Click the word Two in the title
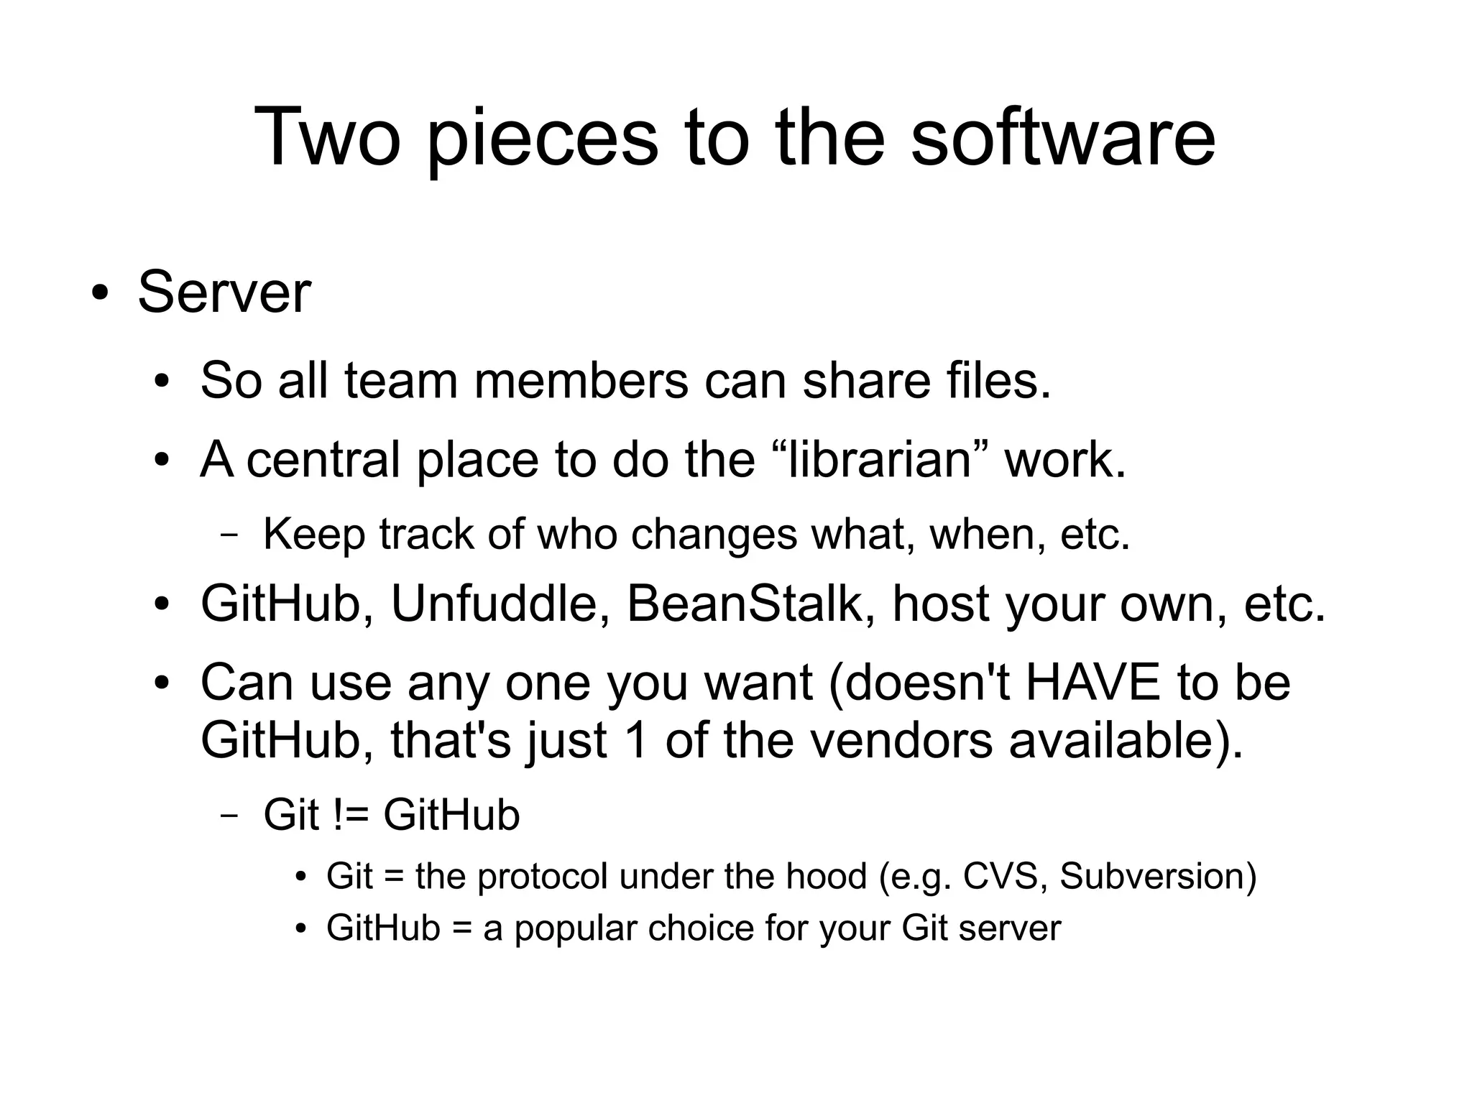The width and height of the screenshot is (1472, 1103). coord(327,137)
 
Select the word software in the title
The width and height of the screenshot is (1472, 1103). coord(1063,137)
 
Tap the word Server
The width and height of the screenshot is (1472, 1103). coord(224,292)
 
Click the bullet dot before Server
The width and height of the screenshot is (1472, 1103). coord(100,295)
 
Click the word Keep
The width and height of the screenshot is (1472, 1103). coord(314,534)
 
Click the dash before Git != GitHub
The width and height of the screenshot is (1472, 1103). coord(229,816)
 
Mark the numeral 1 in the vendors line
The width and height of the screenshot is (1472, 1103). coord(637,740)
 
